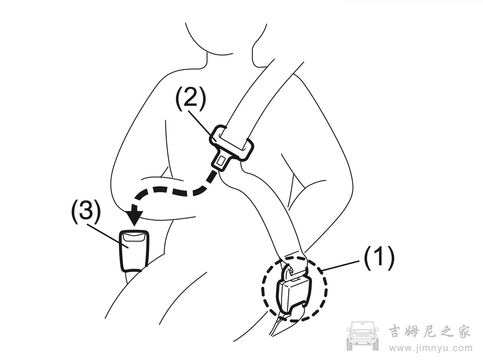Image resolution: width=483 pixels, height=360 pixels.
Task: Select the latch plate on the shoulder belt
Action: click(x=231, y=148)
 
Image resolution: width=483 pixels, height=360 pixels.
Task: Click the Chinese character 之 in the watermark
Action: click(x=446, y=331)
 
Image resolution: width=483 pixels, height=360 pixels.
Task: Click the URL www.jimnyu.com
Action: click(x=431, y=348)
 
